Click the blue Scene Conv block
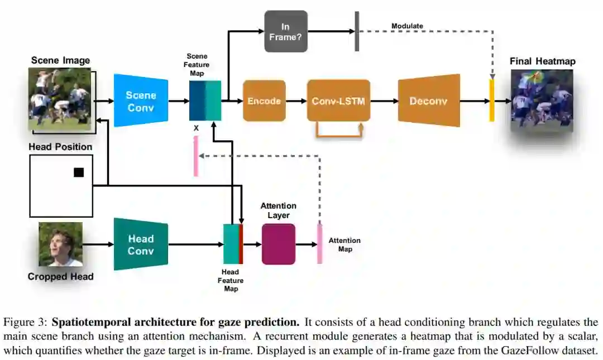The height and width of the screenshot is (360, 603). coord(141,100)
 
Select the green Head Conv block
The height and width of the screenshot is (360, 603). coord(141,244)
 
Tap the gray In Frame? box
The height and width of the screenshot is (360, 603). coord(286,31)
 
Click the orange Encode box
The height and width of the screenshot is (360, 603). coord(264,101)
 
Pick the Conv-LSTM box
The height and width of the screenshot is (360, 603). coord(338,101)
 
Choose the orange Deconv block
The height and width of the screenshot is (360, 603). coord(429,101)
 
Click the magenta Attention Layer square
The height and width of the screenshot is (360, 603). coord(278,244)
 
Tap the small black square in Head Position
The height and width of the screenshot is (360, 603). coord(79,172)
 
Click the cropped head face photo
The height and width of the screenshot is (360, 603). coord(60,244)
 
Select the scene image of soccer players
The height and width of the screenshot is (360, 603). coord(59,99)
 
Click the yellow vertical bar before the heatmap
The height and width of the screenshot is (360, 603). coord(492,100)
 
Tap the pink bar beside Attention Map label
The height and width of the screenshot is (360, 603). coord(320,244)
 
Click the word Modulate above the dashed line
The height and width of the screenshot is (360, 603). coord(407,26)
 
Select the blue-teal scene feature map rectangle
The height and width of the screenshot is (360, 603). coord(205,101)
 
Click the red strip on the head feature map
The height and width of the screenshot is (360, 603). coord(241,244)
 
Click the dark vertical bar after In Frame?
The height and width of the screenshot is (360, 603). coord(356,31)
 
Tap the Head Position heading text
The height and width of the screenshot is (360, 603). coord(60,147)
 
